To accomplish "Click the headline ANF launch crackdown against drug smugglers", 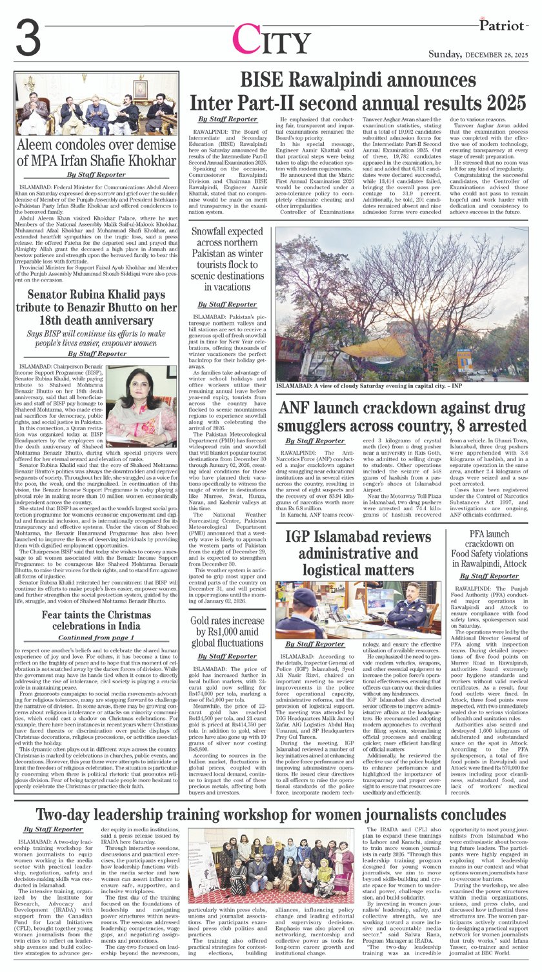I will pyautogui.click(x=403, y=417).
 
